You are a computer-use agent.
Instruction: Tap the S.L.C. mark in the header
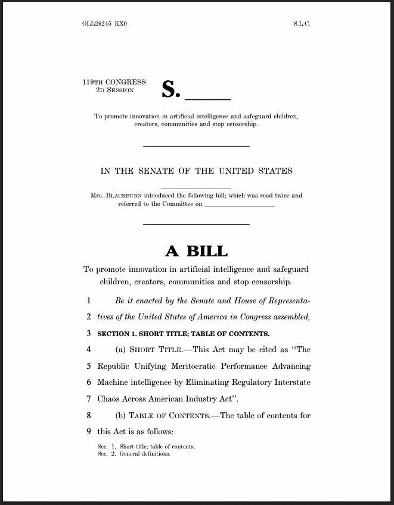click(x=302, y=24)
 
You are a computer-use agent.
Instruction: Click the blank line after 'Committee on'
click(x=239, y=206)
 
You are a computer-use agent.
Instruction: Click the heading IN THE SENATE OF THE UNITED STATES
click(x=196, y=171)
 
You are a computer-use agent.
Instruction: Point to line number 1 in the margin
click(x=88, y=301)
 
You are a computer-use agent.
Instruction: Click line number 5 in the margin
click(x=88, y=366)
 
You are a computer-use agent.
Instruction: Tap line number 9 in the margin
click(x=88, y=431)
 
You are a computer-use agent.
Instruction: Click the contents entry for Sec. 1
click(x=147, y=446)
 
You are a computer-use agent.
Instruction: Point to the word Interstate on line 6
click(x=288, y=382)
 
